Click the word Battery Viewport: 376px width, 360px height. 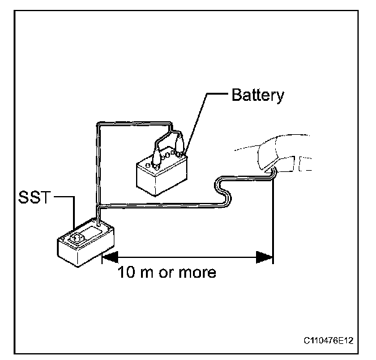(257, 95)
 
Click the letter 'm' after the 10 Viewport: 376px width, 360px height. (145, 272)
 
